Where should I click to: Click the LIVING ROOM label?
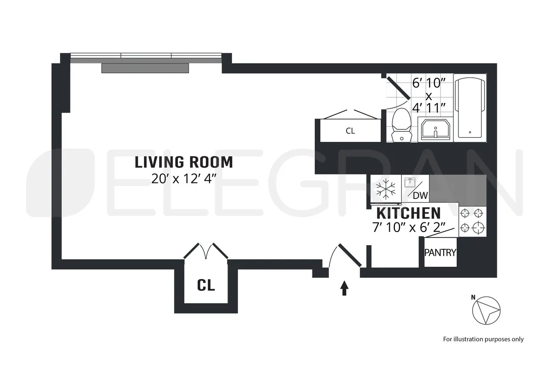click(184, 162)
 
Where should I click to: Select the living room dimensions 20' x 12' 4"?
click(184, 178)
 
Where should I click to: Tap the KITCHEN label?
click(408, 213)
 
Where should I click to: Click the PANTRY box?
click(440, 252)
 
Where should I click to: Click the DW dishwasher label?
click(420, 196)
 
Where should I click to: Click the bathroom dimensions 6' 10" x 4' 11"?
click(429, 97)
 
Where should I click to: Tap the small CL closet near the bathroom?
click(350, 131)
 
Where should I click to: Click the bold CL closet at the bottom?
click(206, 285)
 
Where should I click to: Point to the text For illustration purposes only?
click(483, 339)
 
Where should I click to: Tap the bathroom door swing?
click(398, 88)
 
